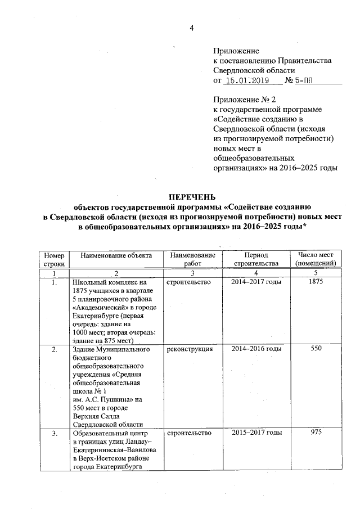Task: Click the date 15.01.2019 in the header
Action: [x=249, y=81]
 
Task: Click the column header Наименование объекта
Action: [x=116, y=255]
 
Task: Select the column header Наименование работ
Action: [x=192, y=259]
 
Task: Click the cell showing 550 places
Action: [x=316, y=349]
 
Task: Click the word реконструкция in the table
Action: [x=190, y=349]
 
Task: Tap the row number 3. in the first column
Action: [x=55, y=433]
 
